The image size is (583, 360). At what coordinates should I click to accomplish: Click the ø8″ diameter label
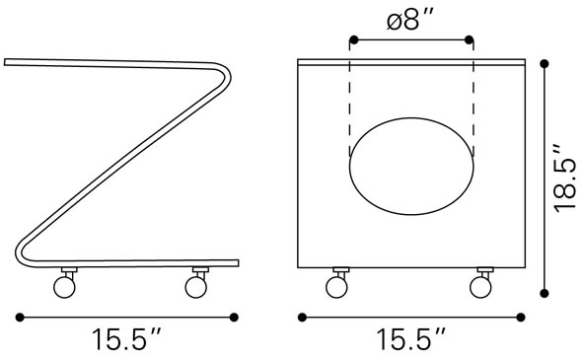tap(409, 19)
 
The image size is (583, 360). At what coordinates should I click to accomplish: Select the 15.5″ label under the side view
tap(127, 341)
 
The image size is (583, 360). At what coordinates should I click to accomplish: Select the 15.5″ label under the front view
tap(411, 341)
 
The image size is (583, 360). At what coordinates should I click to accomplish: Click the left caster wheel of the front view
tap(335, 286)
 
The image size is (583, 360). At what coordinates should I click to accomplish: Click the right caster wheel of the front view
tap(481, 286)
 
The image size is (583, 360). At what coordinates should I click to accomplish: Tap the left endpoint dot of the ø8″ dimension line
tap(352, 41)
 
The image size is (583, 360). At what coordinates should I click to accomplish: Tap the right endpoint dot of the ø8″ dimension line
tap(470, 41)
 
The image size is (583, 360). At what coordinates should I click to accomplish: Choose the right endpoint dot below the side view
tap(235, 318)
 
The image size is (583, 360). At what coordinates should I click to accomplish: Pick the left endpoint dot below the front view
tap(303, 318)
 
